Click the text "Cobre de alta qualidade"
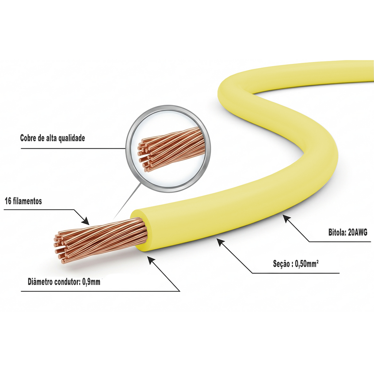tap(53, 138)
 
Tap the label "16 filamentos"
tap(23, 201)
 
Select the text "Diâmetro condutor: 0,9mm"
tap(64, 282)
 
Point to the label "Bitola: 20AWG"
tap(348, 233)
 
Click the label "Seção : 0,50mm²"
tap(296, 264)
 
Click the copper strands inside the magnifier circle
tap(171, 150)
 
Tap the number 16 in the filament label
tap(8, 201)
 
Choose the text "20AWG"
tap(358, 233)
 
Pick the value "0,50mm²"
tap(307, 264)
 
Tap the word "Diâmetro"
tap(40, 282)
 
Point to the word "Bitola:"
tap(337, 233)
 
